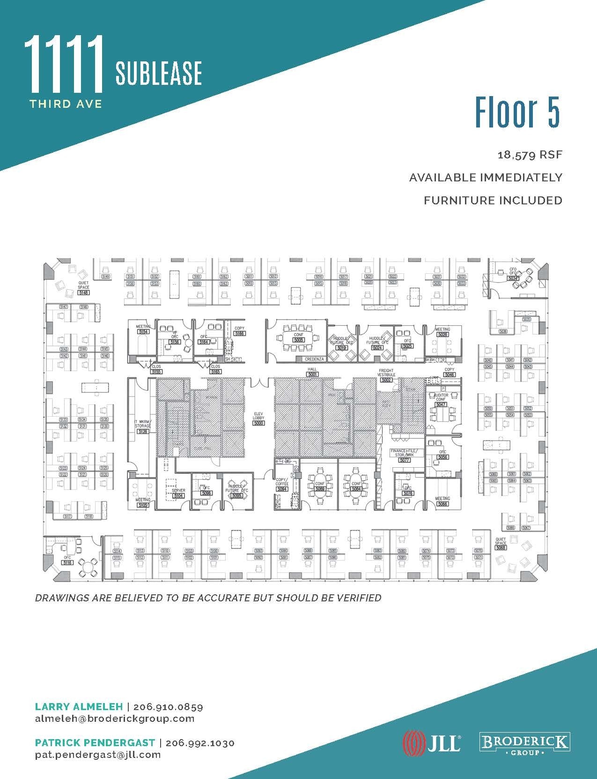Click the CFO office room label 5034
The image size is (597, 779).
pos(513,278)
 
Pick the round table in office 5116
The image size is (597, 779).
pos(88,568)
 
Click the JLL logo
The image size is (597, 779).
pos(432,743)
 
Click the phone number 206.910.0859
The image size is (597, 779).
pos(168,707)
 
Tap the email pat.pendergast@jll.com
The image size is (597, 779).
pos(98,755)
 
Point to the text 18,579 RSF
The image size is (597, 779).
pos(530,155)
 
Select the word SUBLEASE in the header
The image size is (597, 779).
pos(159,74)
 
